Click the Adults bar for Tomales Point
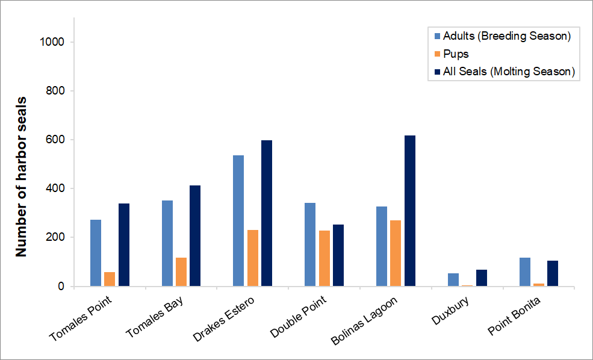(95, 253)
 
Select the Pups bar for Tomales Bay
(181, 272)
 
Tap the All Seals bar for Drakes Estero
(267, 213)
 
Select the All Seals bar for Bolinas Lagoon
(410, 211)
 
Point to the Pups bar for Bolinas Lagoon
(396, 253)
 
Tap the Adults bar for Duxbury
(453, 279)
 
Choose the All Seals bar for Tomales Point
(124, 244)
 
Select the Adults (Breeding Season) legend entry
(506, 36)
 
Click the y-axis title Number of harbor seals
(22, 176)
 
